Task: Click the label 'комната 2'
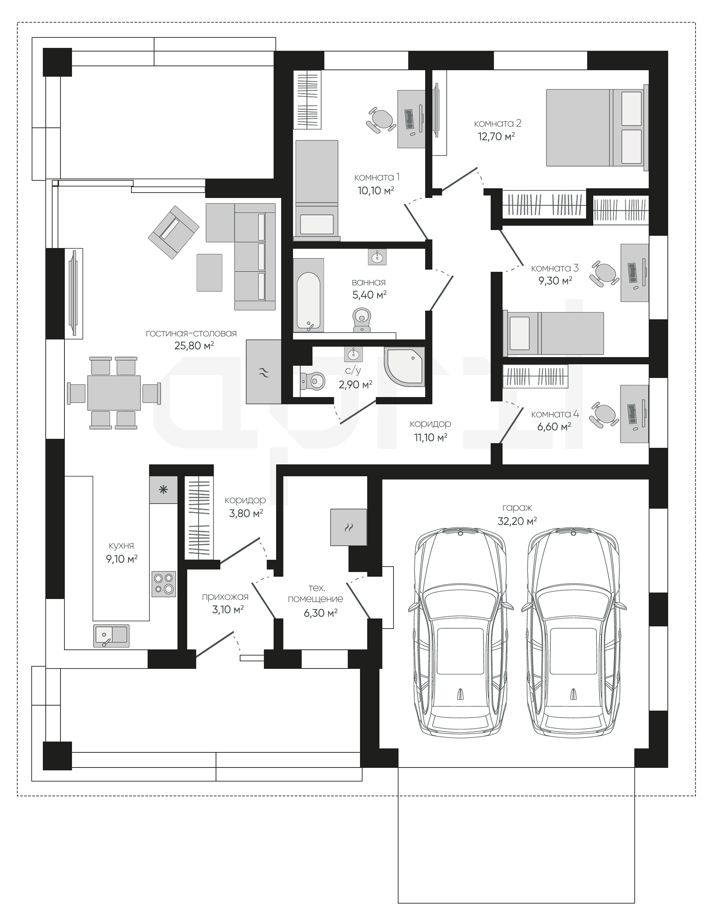click(x=497, y=123)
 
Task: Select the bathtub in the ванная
click(x=309, y=295)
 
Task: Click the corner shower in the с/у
click(x=404, y=367)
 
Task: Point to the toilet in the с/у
click(x=312, y=381)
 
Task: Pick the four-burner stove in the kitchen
click(x=164, y=584)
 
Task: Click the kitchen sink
click(x=111, y=636)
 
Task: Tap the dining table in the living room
click(x=114, y=393)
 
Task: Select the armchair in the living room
click(x=173, y=232)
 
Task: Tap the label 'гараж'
click(x=517, y=508)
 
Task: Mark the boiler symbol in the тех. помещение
click(x=348, y=527)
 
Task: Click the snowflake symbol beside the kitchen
click(x=163, y=490)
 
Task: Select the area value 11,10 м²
click(x=431, y=437)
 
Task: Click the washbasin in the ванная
click(x=377, y=257)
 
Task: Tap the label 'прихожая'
click(x=225, y=597)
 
